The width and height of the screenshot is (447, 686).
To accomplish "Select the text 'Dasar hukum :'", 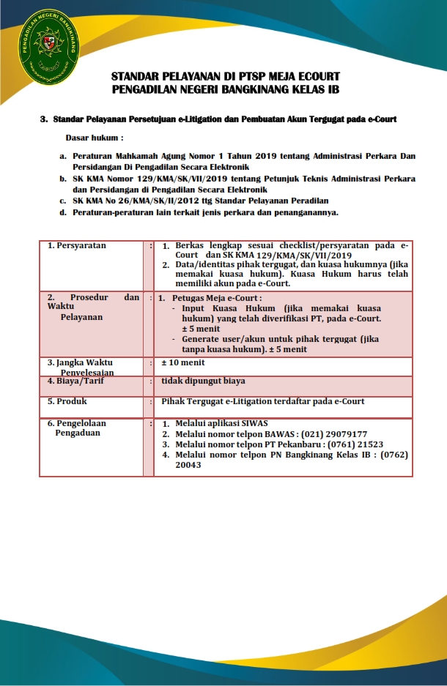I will coord(95,137).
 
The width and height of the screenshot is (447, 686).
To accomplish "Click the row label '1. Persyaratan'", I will coord(77,246).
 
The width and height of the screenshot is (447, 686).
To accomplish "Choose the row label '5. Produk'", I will coord(67,401).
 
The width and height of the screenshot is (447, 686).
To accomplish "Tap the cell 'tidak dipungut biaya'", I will coord(203,381).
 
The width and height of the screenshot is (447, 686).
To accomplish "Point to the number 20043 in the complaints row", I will coord(188,465).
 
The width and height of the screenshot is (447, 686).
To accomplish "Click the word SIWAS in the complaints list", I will coord(253,424).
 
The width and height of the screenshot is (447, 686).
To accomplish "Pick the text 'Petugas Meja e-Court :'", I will coord(216,299).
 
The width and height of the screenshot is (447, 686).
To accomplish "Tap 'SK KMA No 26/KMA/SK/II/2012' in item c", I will coord(130,201).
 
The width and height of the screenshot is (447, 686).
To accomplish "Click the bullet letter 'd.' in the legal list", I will coord(63,212).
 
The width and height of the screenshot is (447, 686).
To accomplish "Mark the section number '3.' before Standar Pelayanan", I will coord(44,119).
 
